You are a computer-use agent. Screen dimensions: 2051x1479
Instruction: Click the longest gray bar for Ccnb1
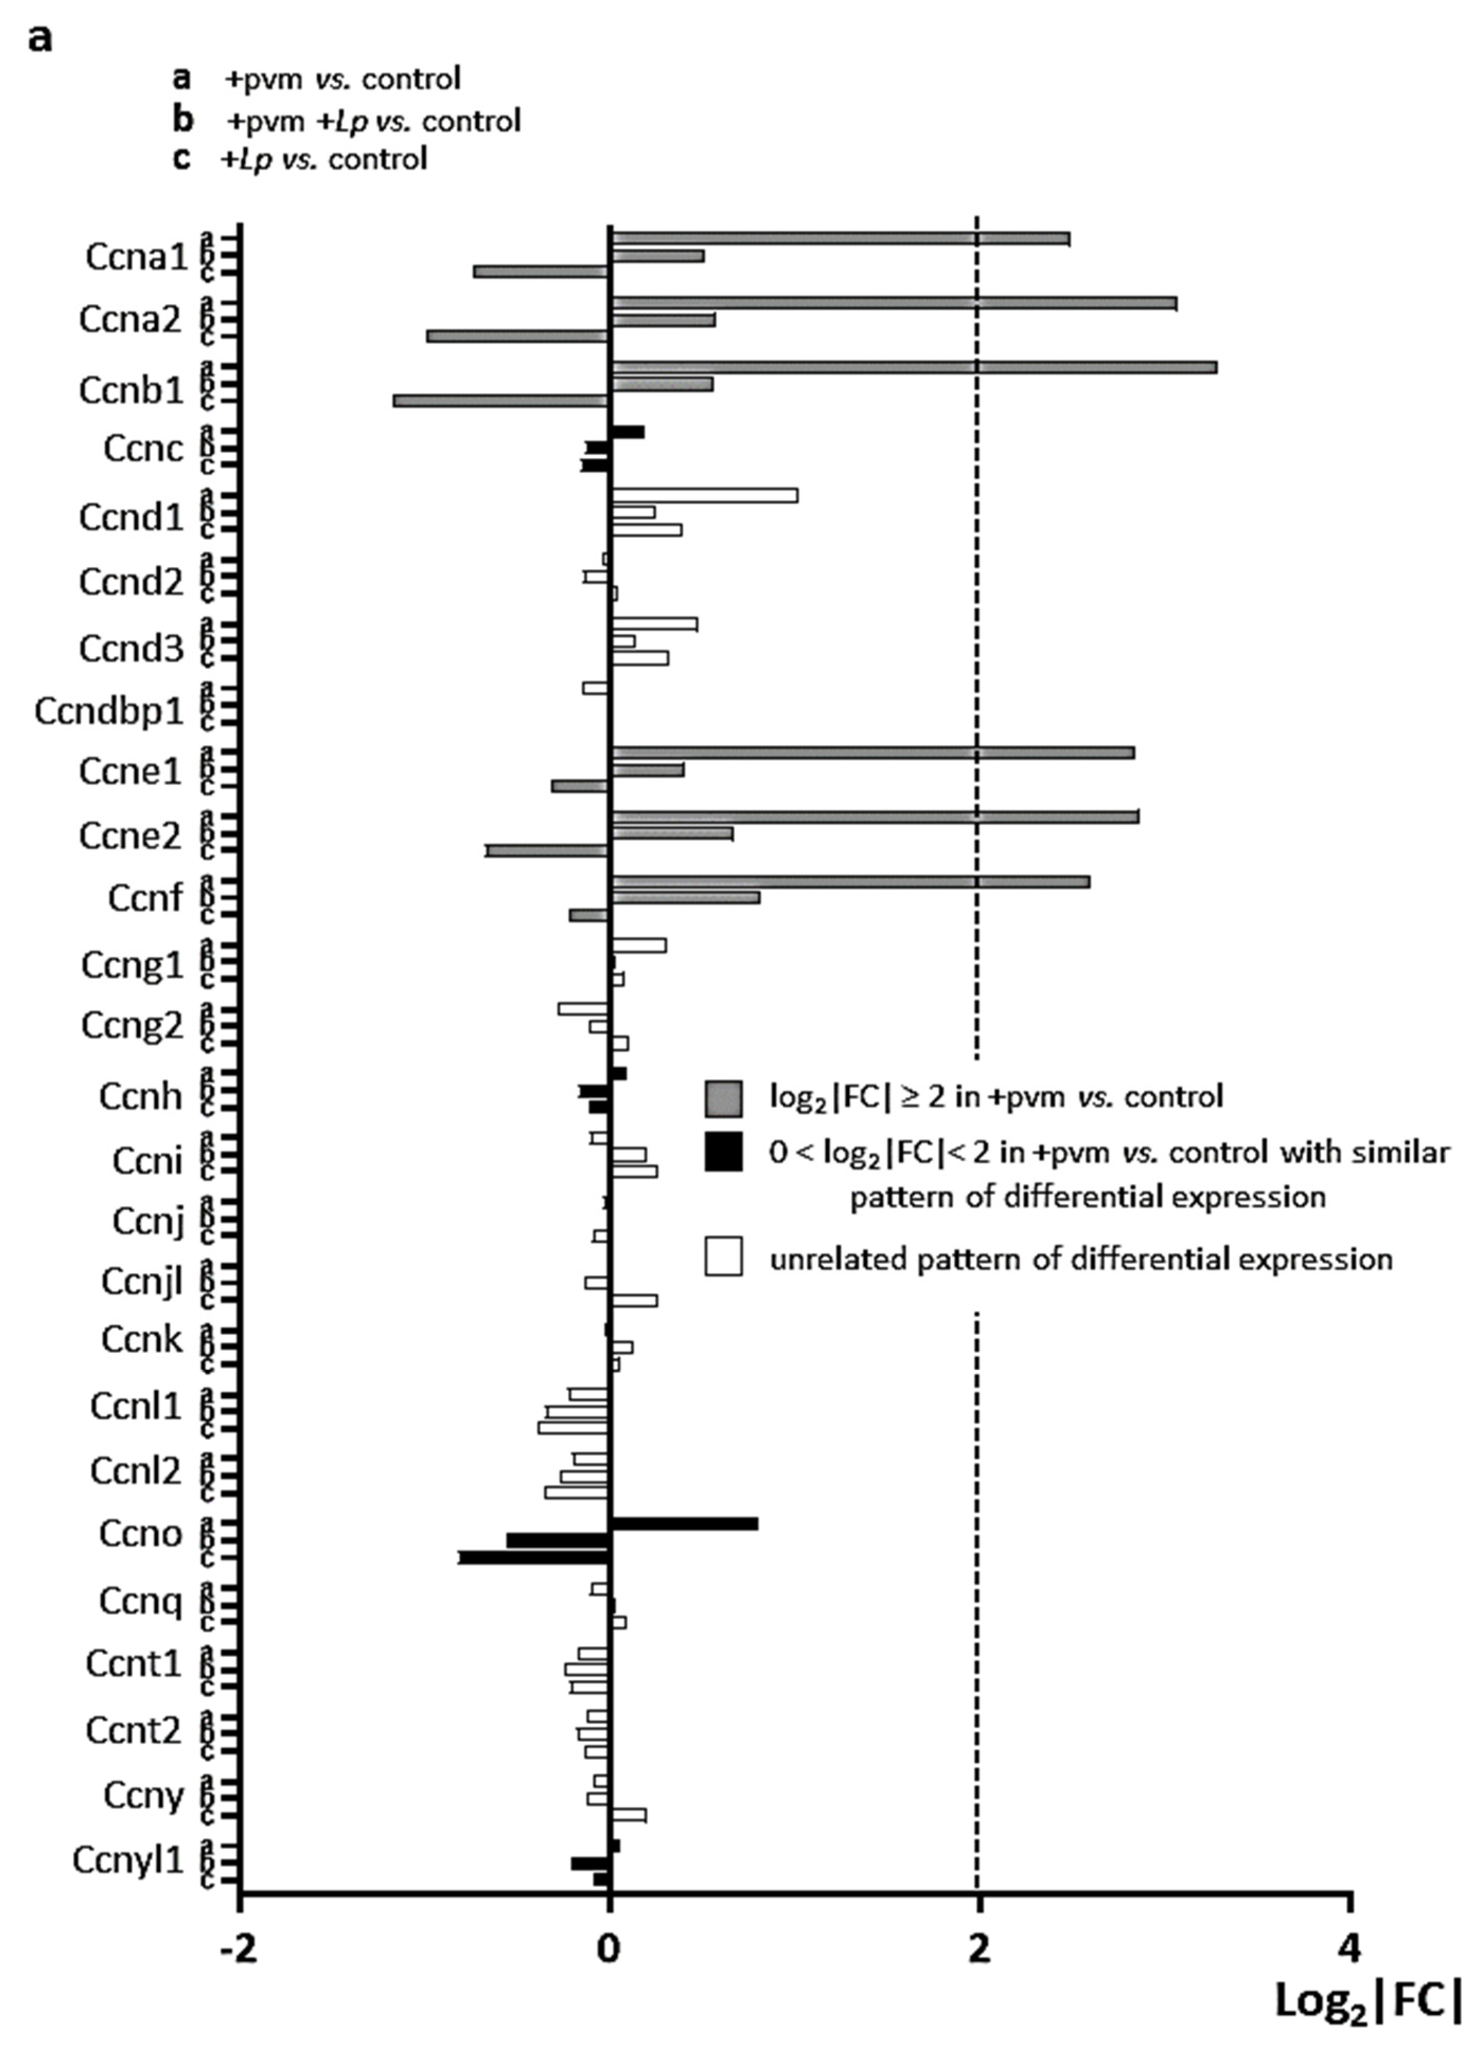[x=914, y=367]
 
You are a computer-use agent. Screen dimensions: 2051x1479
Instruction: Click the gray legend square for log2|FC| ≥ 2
[x=723, y=1098]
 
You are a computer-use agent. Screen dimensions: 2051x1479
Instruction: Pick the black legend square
[x=723, y=1152]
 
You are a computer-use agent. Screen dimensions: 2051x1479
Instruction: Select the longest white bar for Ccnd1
[x=704, y=495]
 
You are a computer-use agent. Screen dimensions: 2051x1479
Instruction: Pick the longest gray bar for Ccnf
[x=850, y=882]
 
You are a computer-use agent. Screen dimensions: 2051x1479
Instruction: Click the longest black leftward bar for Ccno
[x=534, y=1557]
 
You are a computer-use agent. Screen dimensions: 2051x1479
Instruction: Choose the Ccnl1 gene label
[x=136, y=1407]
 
